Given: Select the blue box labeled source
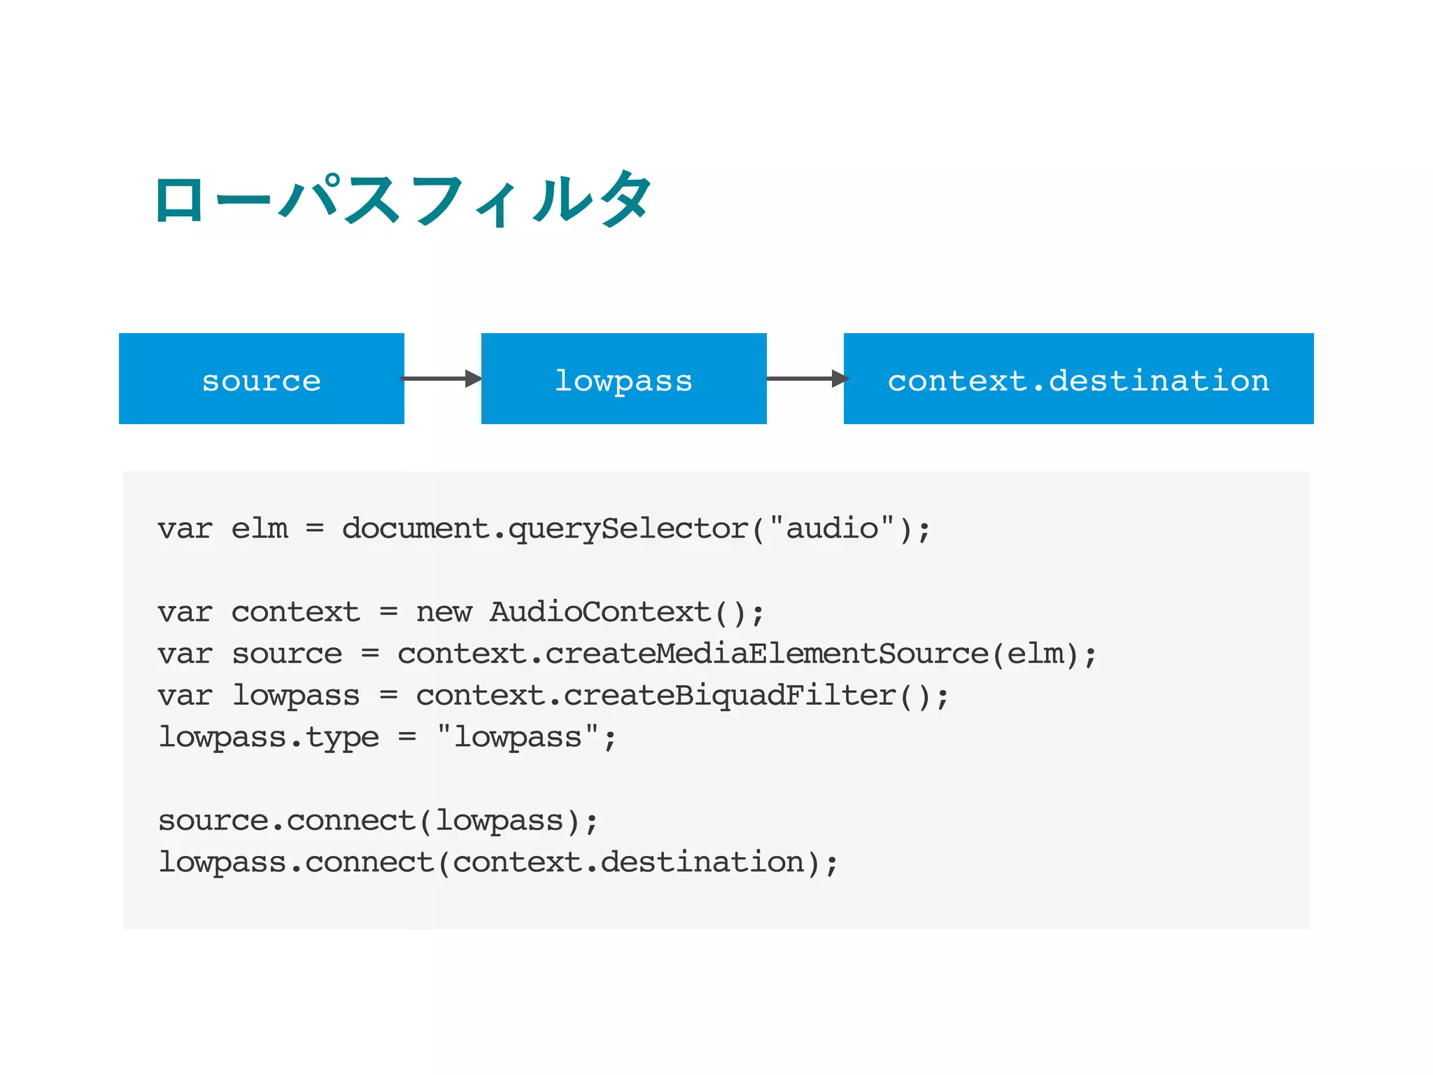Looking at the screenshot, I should pos(261,379).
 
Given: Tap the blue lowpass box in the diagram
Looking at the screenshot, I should pos(623,379).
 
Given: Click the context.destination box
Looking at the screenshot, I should pos(1078,379).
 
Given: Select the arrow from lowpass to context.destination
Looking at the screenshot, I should pos(806,379).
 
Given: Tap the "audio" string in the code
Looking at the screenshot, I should pos(831,528).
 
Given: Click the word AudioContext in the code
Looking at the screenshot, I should pos(600,612).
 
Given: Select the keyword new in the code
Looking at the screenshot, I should pos(444,613).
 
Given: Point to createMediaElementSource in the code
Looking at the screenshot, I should pos(766,654).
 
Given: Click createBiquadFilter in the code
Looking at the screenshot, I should pos(729,696).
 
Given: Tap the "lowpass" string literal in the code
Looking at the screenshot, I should pos(518,738).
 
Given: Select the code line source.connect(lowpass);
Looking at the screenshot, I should pos(378,821).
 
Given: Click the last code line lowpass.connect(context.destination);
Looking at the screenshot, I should pos(497,862).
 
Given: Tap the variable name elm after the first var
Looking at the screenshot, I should pos(260,529).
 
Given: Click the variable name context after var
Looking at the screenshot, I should pos(295,613).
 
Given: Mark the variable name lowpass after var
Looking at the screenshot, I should pos(295,696).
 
